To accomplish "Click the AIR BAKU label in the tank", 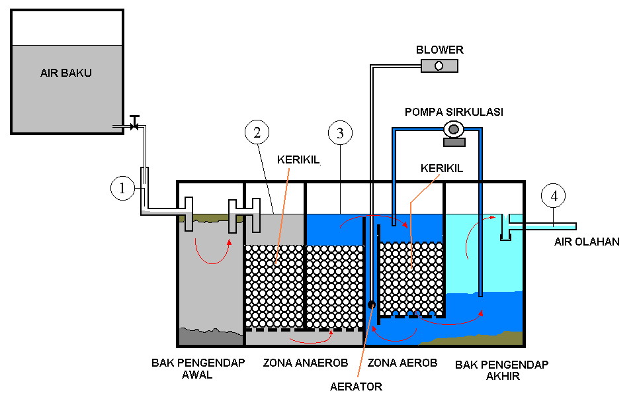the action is pos(66,73).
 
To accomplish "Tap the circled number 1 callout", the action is pos(122,188).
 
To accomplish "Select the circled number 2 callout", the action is pos(257,132).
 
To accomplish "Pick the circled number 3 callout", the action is pos(340,132).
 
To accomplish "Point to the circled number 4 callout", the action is pos(553,196).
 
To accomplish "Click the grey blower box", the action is pos(439,66).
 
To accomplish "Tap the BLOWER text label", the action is pos(440,50).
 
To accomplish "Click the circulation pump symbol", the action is pos(454,134).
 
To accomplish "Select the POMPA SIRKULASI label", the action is pos(454,112).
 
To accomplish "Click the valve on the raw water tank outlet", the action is pos(134,123).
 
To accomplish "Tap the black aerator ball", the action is pos(371,304).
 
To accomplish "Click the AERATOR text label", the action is pos(356,387).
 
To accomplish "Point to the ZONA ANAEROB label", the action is pos(306,363).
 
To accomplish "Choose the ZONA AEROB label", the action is pos(403,363).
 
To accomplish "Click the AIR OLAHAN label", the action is pos(587,242).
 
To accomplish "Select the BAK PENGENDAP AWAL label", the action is pos(198,369).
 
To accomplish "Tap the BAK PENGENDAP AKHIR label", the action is pos(502,370).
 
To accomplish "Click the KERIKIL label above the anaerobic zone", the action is pos(298,160).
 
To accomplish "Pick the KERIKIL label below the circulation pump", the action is pos(442,168).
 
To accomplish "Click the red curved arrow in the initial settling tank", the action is pos(212,251).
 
